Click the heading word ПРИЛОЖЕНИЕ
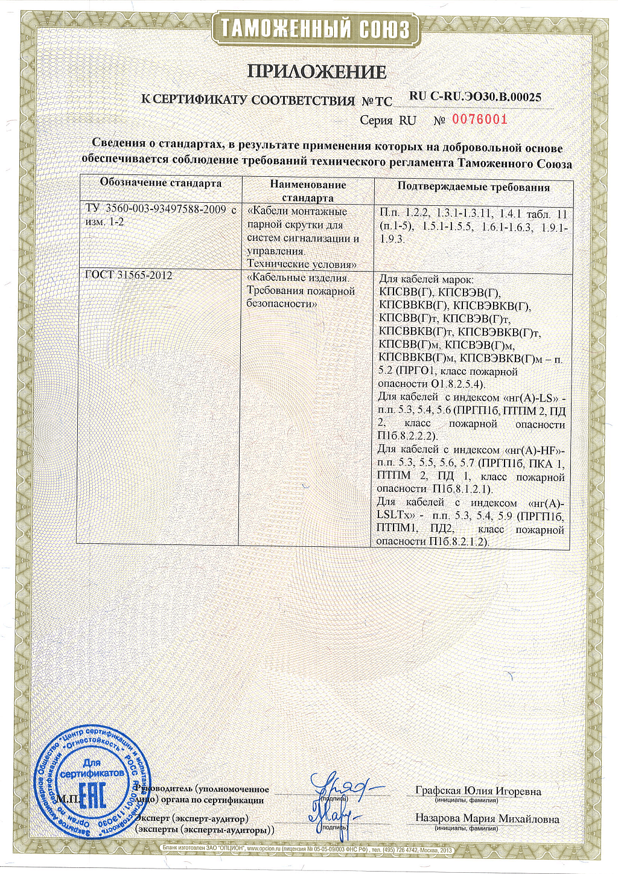pyautogui.click(x=317, y=72)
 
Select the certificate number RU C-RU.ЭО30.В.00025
pyautogui.click(x=475, y=96)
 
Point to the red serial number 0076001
pyautogui.click(x=480, y=120)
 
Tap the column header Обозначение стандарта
pyautogui.click(x=161, y=183)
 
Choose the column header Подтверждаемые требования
pyautogui.click(x=473, y=187)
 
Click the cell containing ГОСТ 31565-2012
pyautogui.click(x=129, y=275)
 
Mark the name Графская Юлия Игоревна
pyautogui.click(x=478, y=791)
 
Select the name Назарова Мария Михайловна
pyautogui.click(x=486, y=819)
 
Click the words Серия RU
pyautogui.click(x=388, y=120)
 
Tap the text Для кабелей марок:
pyautogui.click(x=426, y=279)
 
